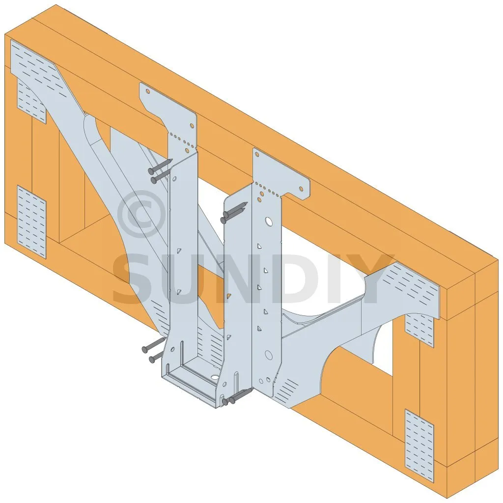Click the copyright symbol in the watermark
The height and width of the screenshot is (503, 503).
tap(141, 214)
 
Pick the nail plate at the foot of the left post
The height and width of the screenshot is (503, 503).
tap(31, 222)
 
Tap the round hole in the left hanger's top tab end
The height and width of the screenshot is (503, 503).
tap(148, 91)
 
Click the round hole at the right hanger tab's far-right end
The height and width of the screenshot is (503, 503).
tap(301, 189)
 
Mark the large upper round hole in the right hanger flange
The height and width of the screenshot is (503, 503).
tap(268, 221)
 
